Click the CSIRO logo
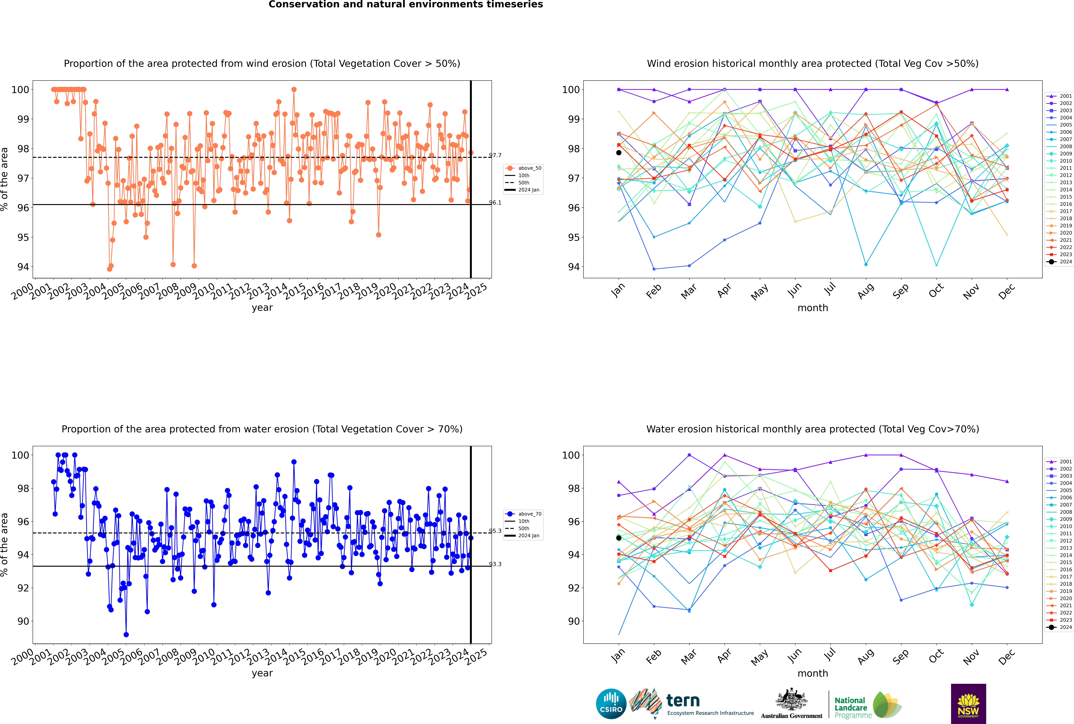coord(611,704)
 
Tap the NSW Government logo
coord(968,703)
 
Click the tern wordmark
coord(683,701)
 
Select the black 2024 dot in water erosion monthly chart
coord(619,538)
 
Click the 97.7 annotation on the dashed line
coord(495,155)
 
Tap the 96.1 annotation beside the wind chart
coord(495,202)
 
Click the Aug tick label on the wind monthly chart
coord(865,291)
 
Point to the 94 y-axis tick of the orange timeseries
coord(23,267)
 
